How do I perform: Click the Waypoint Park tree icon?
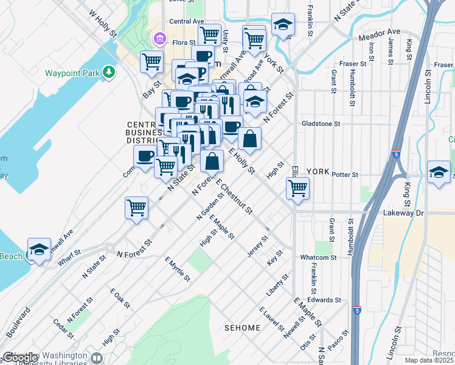point(109,73)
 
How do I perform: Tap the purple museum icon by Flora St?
point(160,40)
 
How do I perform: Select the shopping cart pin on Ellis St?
point(297,188)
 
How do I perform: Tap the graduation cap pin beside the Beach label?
point(40,250)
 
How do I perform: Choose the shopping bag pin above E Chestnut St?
point(212,162)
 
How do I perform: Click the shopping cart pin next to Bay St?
point(151,61)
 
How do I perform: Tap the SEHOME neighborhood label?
point(242,328)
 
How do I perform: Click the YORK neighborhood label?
point(318,172)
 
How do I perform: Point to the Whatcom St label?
point(318,257)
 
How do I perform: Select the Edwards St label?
point(324,300)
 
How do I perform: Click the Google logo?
point(20,358)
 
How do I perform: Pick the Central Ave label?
point(186,21)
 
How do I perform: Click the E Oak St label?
point(120,298)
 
